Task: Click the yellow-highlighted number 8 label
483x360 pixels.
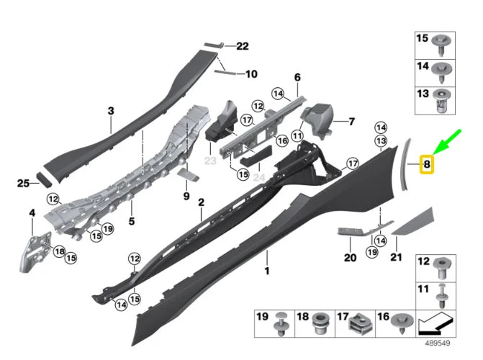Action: pos(427,165)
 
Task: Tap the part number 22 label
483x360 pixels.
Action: pos(242,46)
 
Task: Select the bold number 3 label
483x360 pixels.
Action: pos(111,111)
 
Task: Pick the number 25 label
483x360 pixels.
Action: pos(23,184)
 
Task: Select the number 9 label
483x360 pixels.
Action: pos(186,196)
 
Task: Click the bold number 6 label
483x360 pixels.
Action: pos(297,77)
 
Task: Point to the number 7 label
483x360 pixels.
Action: pos(351,122)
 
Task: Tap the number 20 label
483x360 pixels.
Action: pos(350,258)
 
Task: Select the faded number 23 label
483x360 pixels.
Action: pos(210,162)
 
